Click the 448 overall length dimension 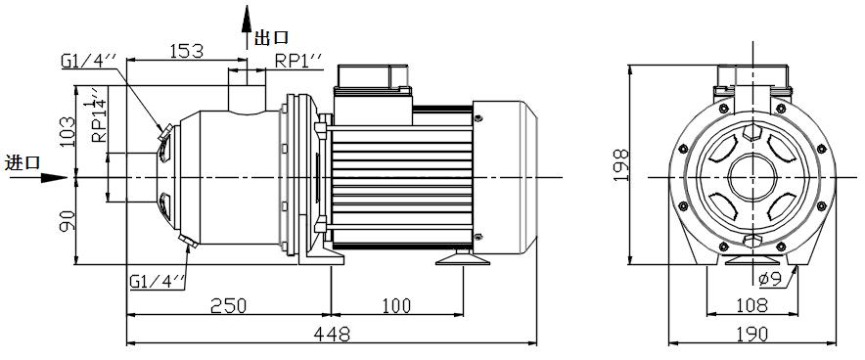pos(332,333)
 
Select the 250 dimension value pos(228,305)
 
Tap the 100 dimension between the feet pos(395,305)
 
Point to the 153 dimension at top pos(186,51)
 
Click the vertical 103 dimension pos(67,131)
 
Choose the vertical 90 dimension pos(67,220)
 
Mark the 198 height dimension pos(621,165)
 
